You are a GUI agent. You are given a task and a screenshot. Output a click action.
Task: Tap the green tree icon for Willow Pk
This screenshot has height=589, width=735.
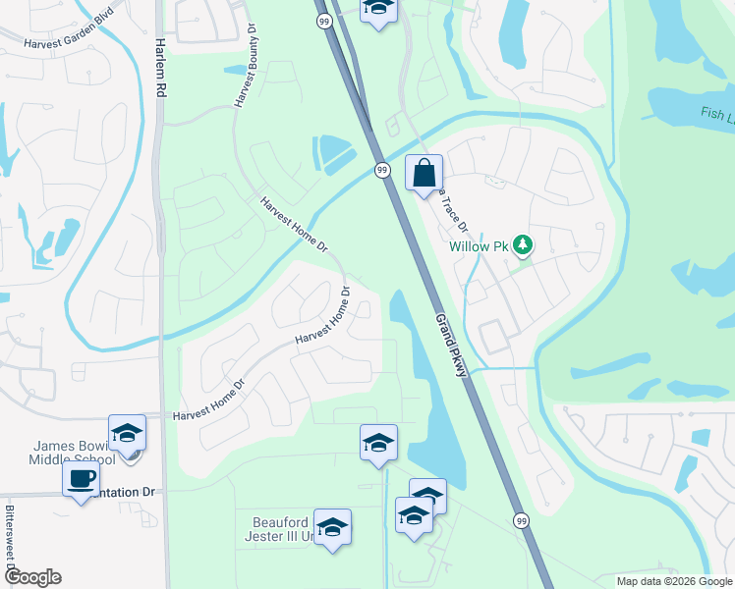click(x=524, y=245)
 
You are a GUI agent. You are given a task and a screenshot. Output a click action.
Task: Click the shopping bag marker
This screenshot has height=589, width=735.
click(x=424, y=175)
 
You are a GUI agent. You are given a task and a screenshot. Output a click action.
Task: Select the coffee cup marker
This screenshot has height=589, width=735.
click(x=81, y=480)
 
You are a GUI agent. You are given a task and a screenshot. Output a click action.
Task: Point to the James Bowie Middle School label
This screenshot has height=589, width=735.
click(x=76, y=453)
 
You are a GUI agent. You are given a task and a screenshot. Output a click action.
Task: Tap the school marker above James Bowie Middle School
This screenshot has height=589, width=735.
click(x=127, y=433)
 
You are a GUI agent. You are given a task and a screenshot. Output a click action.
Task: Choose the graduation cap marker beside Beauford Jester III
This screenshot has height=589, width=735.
click(x=333, y=528)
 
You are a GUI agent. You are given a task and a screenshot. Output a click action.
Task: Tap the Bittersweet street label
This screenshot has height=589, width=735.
click(x=8, y=539)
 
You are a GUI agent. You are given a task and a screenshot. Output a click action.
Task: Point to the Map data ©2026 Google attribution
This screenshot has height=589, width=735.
click(x=674, y=581)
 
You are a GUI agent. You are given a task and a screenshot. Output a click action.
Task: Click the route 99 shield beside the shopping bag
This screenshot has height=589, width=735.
click(x=383, y=170)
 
